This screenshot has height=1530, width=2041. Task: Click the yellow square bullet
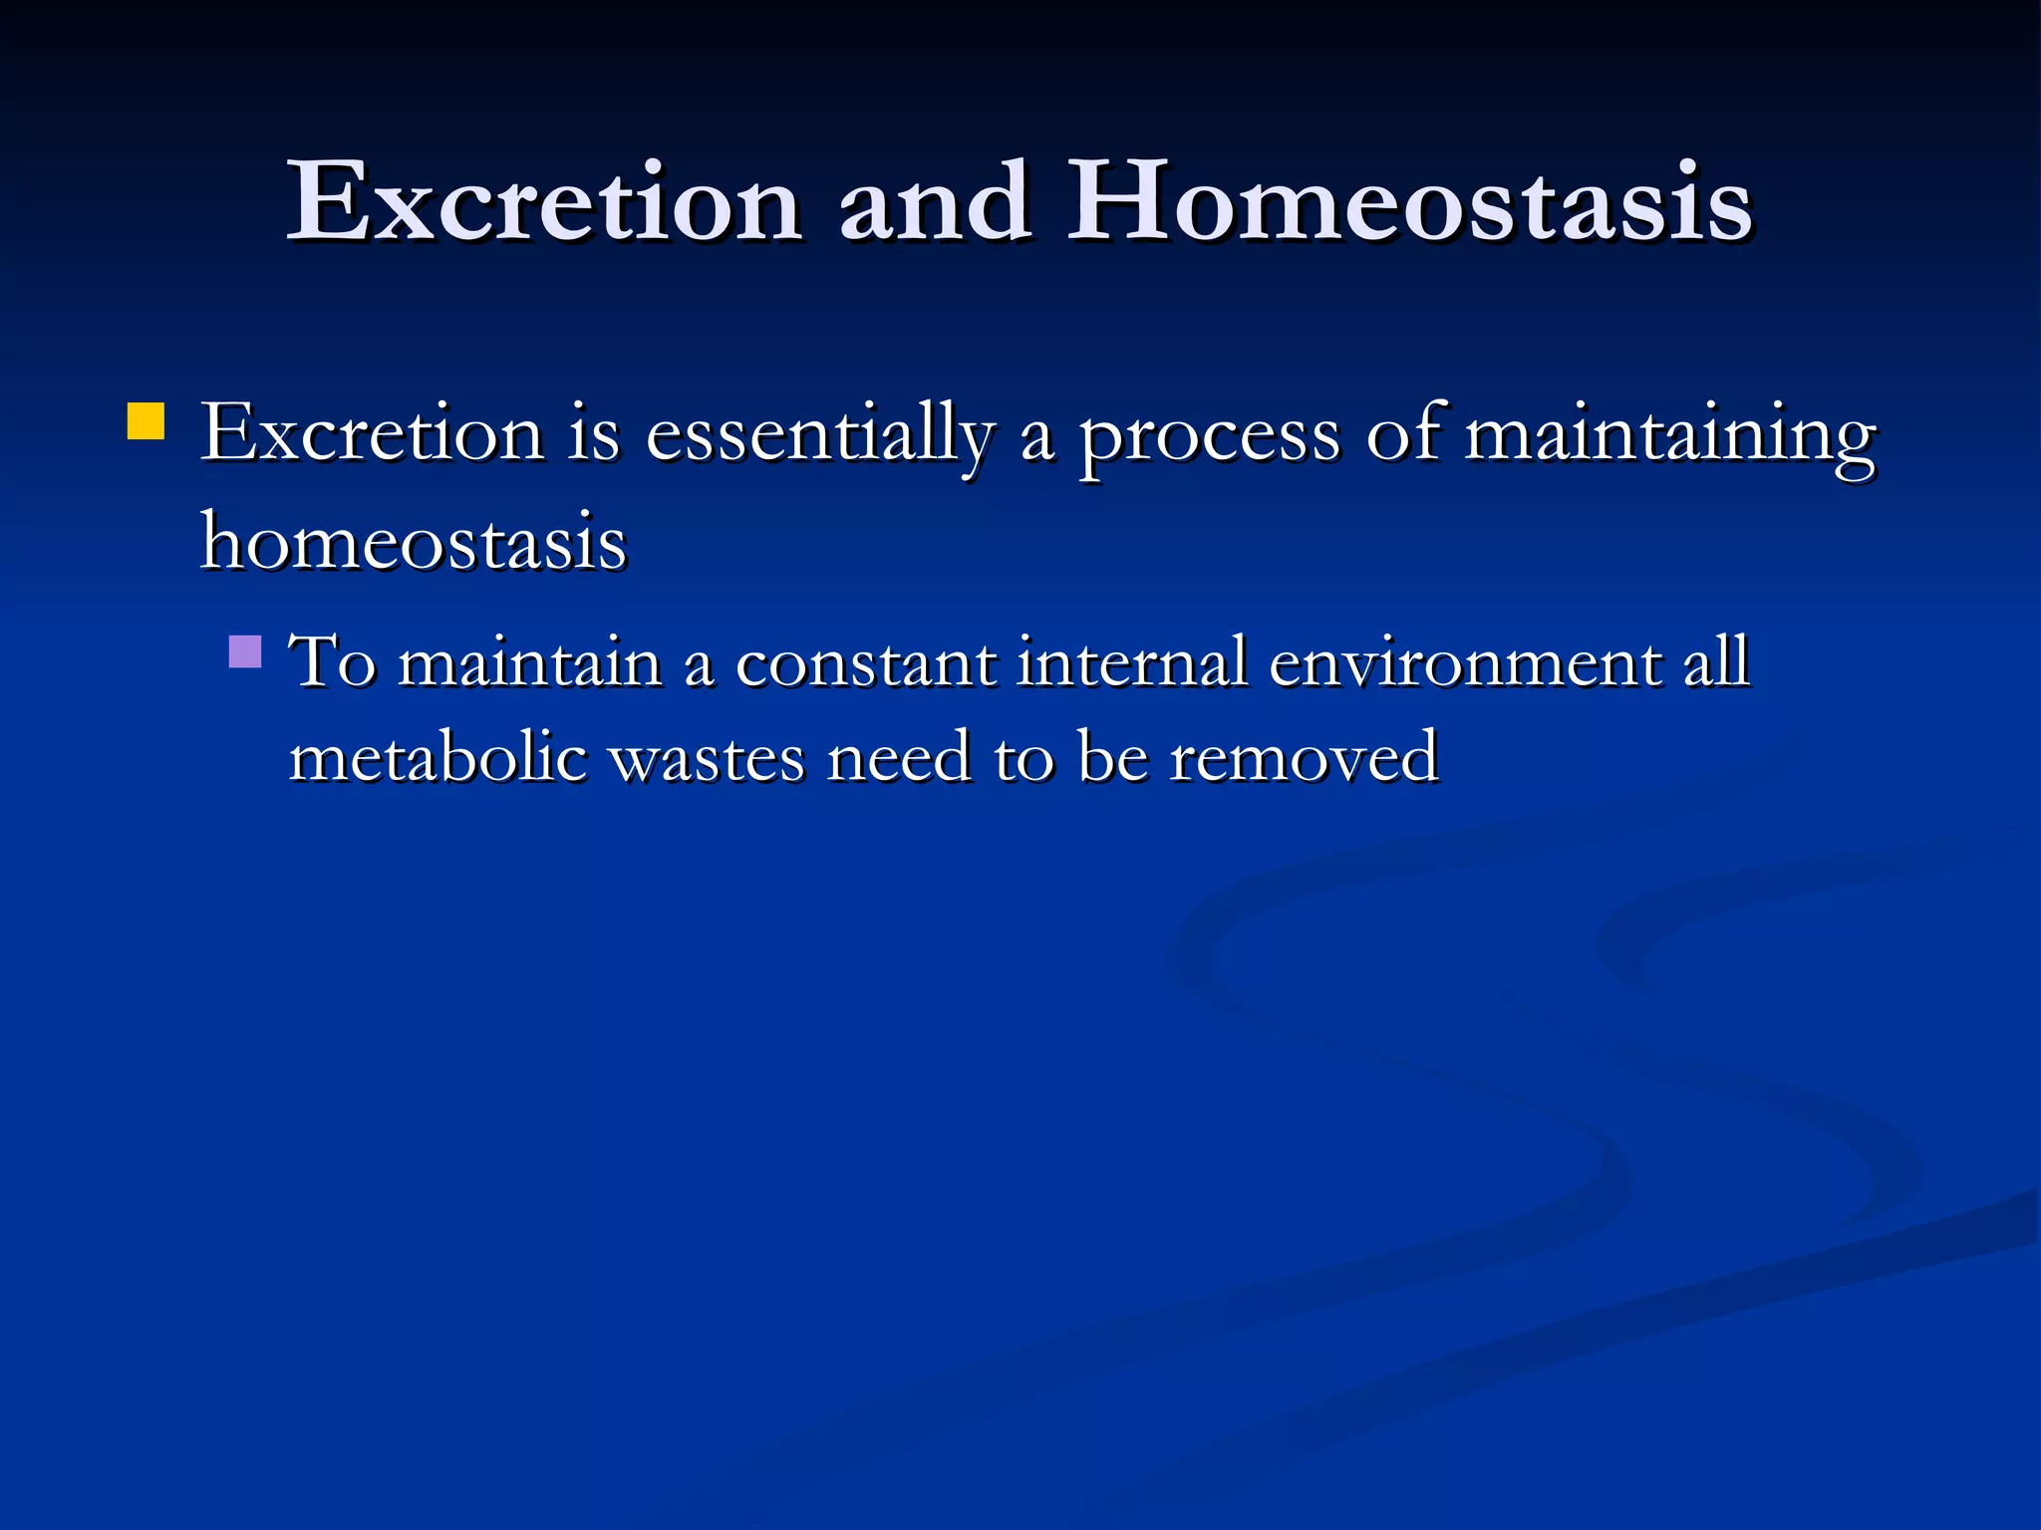coord(146,421)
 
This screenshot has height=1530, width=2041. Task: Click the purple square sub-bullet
coord(245,652)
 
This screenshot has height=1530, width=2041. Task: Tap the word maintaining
coord(1669,436)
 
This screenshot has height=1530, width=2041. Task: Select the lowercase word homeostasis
coord(414,543)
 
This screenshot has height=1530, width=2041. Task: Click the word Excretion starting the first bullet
coord(372,434)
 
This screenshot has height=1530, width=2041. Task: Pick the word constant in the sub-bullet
coord(865,662)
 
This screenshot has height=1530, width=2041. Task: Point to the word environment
coord(1463,662)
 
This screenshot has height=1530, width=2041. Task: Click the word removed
coord(1304,757)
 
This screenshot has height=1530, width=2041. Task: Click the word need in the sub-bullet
coord(899,757)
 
